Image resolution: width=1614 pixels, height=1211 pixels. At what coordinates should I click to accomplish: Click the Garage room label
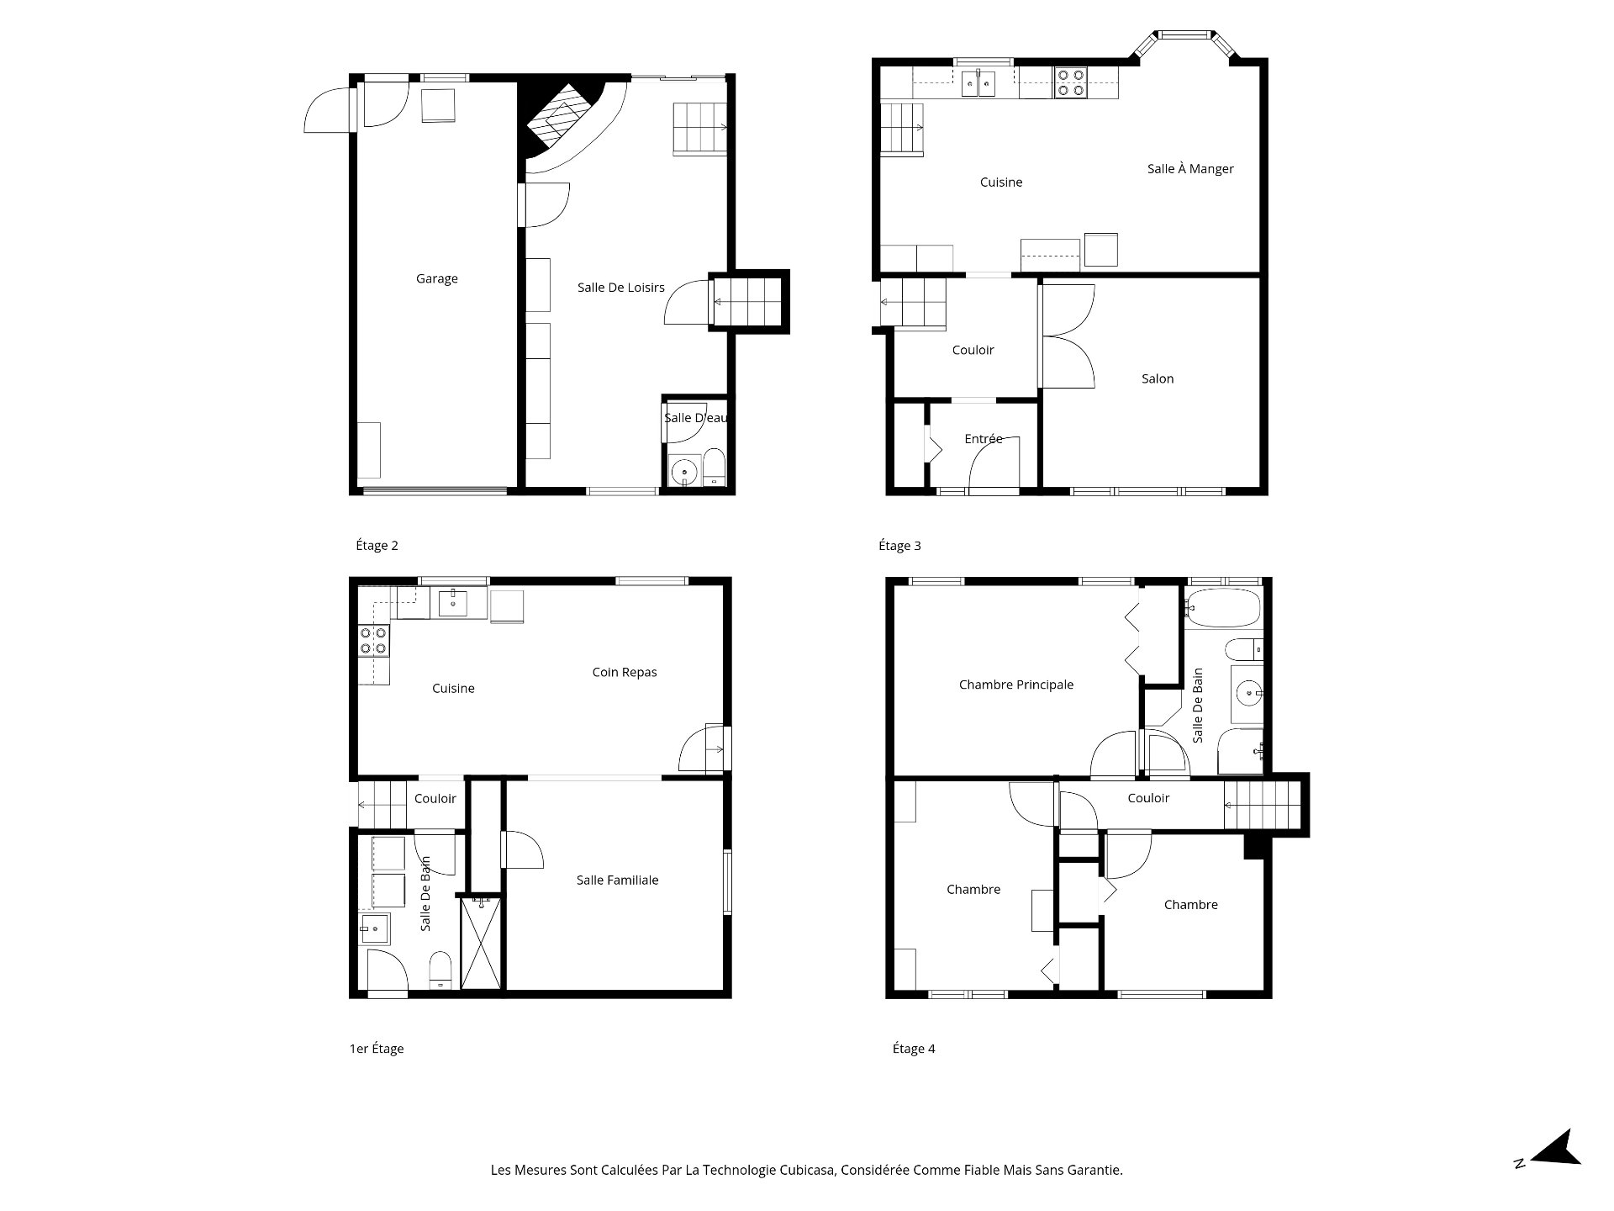coord(436,279)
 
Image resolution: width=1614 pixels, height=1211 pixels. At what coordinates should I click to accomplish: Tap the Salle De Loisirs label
coord(620,288)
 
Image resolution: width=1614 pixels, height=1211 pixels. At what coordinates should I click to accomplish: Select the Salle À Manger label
coord(1190,169)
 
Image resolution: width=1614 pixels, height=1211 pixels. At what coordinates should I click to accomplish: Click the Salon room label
coord(1158,379)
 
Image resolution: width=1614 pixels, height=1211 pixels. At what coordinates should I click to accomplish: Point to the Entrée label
coord(983,439)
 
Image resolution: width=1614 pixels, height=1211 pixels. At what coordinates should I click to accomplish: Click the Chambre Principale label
coord(1015,685)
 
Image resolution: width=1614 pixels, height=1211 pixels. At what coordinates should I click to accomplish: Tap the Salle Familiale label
coord(617,880)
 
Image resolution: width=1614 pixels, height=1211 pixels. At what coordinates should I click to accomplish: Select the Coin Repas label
coord(624,672)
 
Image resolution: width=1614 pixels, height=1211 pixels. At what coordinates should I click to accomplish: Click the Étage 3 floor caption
coord(899,546)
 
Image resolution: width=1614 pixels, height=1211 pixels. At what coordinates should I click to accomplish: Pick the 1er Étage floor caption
coord(377,1049)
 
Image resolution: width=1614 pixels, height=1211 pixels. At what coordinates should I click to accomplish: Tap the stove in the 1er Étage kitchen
coord(373,641)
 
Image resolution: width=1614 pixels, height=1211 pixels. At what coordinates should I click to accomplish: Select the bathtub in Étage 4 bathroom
coord(1223,607)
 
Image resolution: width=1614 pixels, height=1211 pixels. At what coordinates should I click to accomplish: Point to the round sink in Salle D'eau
coord(685,471)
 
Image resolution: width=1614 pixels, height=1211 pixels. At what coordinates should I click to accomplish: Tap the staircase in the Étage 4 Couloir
coord(1261,806)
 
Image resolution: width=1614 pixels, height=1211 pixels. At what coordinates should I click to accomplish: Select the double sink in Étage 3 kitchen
coord(978,84)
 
